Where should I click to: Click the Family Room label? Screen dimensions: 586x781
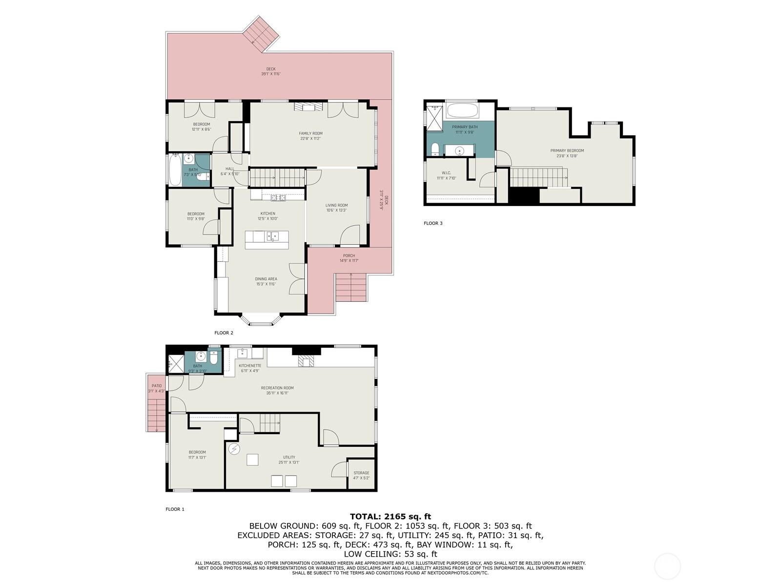(310, 133)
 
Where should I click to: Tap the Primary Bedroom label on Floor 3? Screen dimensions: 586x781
(567, 150)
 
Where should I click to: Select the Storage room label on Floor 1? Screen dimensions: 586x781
(361, 473)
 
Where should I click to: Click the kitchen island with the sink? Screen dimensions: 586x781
(267, 240)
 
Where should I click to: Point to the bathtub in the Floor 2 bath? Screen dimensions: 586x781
(175, 169)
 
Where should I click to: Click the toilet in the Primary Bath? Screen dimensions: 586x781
(434, 149)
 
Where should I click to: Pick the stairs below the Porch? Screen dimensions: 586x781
(350, 288)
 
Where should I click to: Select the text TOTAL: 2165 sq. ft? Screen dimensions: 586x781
(390, 516)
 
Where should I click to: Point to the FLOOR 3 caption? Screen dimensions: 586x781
(433, 223)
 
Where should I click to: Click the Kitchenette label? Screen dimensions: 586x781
(249, 365)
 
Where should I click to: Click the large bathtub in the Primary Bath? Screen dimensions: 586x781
(462, 110)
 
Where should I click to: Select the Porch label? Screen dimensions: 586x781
(349, 255)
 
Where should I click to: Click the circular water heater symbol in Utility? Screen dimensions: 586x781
(235, 449)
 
